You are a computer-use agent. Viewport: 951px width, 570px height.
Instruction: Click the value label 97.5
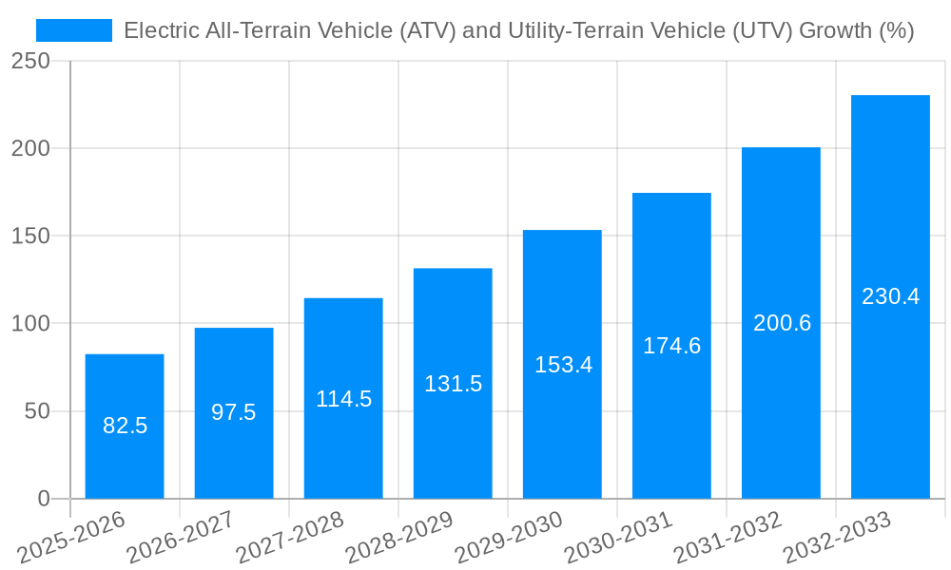pyautogui.click(x=234, y=412)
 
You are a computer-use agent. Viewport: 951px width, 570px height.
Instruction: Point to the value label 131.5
pyautogui.click(x=453, y=384)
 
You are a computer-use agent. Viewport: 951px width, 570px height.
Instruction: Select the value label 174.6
pyautogui.click(x=671, y=346)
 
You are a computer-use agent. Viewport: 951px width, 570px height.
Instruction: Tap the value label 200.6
pyautogui.click(x=782, y=323)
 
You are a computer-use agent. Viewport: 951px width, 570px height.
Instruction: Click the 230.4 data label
pyautogui.click(x=890, y=296)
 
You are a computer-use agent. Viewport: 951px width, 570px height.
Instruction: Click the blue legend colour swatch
pyautogui.click(x=74, y=30)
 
